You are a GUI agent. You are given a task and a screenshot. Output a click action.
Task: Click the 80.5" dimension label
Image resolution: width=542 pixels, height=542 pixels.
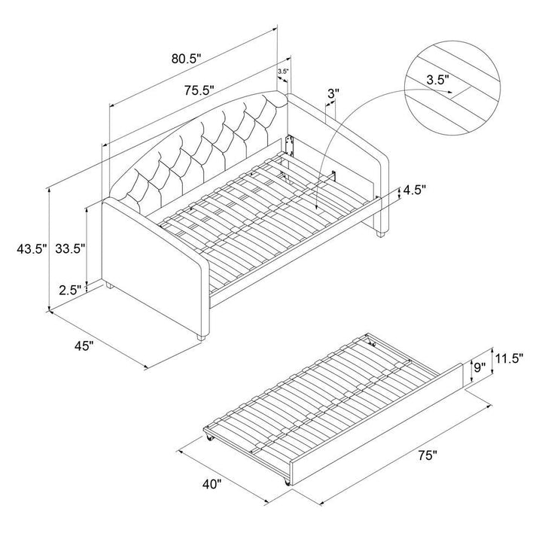click(x=186, y=59)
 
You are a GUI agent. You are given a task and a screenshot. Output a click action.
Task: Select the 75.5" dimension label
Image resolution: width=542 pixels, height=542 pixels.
click(x=199, y=90)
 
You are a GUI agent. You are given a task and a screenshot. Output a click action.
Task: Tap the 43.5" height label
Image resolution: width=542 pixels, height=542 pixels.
click(x=32, y=248)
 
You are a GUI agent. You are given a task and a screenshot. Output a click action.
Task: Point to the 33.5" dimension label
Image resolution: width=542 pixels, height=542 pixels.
click(x=70, y=248)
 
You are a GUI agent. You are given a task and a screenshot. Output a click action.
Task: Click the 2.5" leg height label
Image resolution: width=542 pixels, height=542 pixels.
click(x=70, y=290)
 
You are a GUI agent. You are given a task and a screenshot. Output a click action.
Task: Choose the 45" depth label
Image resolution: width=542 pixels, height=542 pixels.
click(x=84, y=346)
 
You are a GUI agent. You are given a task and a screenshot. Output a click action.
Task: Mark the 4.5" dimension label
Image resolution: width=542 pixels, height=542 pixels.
click(x=415, y=190)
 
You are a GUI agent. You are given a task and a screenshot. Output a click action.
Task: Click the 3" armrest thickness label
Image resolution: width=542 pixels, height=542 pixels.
click(x=333, y=93)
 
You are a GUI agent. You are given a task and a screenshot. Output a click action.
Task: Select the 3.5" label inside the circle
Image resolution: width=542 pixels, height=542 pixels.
click(x=437, y=81)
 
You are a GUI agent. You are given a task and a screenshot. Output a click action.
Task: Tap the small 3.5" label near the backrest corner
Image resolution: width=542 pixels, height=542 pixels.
click(x=283, y=72)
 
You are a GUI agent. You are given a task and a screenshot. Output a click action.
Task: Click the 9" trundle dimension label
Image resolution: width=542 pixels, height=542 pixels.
click(x=480, y=367)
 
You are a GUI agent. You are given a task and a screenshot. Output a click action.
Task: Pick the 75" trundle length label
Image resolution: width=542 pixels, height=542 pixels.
click(x=428, y=456)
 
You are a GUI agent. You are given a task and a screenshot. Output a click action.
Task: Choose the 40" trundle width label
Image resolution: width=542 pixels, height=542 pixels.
click(x=211, y=484)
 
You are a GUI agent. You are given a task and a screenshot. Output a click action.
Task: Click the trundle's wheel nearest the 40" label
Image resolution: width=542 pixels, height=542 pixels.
click(x=287, y=482)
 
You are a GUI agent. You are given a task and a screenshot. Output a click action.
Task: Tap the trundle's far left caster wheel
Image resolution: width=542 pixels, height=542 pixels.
click(x=209, y=437)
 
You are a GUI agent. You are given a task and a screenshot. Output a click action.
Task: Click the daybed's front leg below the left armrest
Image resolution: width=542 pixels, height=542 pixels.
click(x=201, y=337)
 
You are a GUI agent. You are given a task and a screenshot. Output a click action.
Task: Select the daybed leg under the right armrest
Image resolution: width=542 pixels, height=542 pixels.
click(x=380, y=233)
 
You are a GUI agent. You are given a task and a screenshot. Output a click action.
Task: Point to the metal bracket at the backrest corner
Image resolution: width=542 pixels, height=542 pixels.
click(x=288, y=145)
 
